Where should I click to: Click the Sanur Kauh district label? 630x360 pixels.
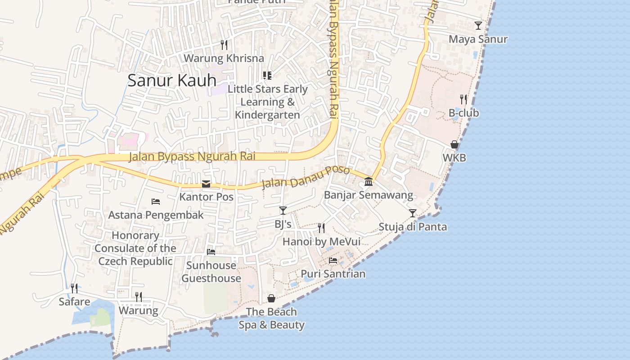pos(172,81)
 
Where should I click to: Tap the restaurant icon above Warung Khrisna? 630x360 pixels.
pos(224,45)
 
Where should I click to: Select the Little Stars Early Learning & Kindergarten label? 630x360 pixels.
pos(267,102)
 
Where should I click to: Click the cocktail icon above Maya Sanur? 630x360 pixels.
pos(478,26)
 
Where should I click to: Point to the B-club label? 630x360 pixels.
pos(463,113)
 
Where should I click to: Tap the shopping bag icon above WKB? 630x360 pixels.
pos(454,144)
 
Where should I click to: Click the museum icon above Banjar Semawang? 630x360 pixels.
pos(369,181)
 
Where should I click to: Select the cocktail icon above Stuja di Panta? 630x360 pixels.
pos(413,213)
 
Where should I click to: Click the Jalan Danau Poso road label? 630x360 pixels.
pos(306,177)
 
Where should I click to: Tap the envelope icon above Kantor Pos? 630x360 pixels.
pos(206,184)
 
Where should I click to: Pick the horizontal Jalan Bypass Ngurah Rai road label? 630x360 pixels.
pos(192,157)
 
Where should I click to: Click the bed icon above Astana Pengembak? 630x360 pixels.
pos(156,201)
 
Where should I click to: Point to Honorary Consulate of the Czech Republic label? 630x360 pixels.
pos(135,248)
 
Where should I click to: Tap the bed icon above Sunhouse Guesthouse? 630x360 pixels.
pos(211,252)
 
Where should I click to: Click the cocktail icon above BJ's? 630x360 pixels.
pos(283,210)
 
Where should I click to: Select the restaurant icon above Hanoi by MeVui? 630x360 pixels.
pos(321,228)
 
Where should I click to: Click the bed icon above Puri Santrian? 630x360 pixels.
pos(333,260)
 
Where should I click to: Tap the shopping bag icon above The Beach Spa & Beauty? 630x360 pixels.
pos(271,298)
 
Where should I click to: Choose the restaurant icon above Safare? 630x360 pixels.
pos(74,288)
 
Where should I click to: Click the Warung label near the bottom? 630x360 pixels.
pos(139,310)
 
